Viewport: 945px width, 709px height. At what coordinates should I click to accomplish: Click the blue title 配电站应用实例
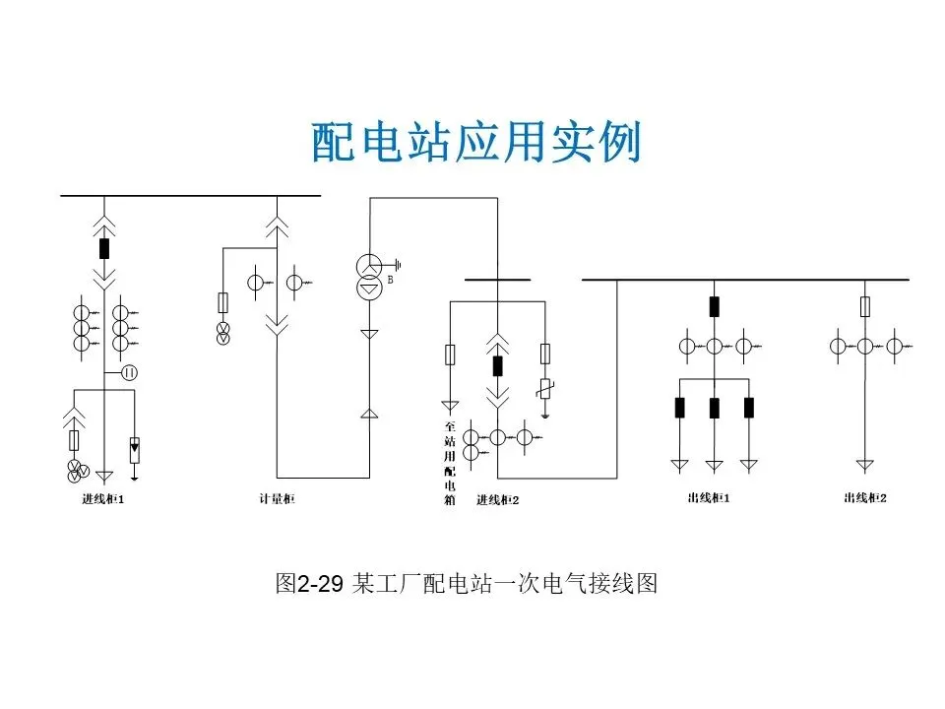pos(476,143)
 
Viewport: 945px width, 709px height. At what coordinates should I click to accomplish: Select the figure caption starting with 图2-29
pos(466,584)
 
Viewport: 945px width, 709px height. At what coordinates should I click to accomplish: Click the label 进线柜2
pos(497,500)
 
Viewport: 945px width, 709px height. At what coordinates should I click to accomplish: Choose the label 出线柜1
pos(709,498)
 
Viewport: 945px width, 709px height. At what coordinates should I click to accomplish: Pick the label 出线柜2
pos(865,498)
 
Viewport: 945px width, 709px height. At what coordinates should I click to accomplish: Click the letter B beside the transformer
pos(391,280)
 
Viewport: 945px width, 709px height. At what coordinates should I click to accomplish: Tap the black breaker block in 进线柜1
pos(104,247)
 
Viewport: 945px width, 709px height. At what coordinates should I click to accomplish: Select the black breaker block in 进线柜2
pos(497,366)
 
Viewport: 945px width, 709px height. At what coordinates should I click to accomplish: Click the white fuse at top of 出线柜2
pos(865,306)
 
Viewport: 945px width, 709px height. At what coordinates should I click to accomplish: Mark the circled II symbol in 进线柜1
pos(129,372)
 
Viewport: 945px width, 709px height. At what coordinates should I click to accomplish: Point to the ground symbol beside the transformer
pos(398,264)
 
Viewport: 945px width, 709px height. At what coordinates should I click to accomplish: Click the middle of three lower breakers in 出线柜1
pos(714,408)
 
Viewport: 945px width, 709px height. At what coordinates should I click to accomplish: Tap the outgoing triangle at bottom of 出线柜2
pos(865,464)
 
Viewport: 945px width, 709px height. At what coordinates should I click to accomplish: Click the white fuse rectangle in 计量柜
pos(222,302)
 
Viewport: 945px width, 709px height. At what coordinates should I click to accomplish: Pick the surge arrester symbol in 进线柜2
pos(545,392)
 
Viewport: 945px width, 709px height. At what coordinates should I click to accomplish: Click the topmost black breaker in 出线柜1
pos(714,306)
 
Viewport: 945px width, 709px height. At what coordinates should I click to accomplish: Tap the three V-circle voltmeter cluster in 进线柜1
pos(76,470)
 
